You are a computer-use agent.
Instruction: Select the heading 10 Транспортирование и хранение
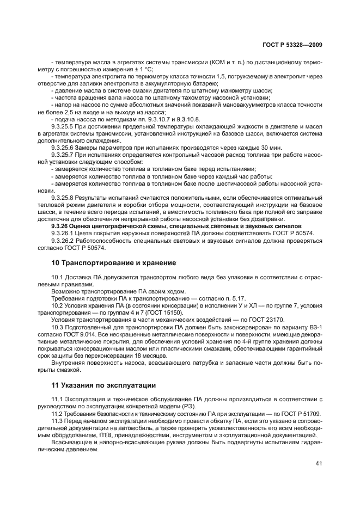(x=113, y=263)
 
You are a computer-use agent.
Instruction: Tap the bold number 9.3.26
(x=60, y=226)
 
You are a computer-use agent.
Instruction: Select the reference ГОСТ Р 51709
(x=300, y=414)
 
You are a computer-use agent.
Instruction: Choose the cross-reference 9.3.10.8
(x=188, y=118)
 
